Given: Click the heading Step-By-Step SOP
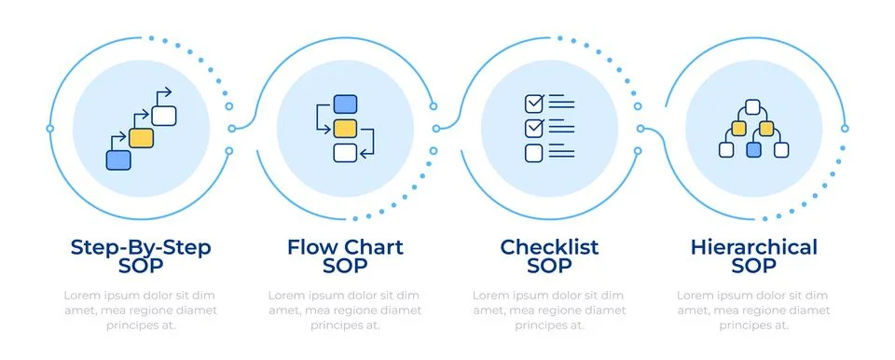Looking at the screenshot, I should pos(141,256).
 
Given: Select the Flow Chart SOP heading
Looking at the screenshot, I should pos(345,256).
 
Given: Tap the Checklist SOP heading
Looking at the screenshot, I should pos(549,256).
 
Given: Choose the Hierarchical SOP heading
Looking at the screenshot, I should pos(753,256).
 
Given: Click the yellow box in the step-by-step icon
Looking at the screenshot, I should pos(141,138).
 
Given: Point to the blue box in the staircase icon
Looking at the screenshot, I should pos(118,159).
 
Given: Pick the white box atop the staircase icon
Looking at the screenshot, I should pos(164,116).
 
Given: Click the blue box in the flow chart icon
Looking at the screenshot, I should pos(345,104).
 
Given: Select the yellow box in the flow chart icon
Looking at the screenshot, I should pos(345,128).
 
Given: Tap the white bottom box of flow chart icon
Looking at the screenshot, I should pos(345,152).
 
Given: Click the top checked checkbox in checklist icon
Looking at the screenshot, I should pos(534,102).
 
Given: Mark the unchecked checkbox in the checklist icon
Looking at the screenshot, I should pos(534,152).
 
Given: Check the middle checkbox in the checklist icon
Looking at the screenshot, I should pos(534,127).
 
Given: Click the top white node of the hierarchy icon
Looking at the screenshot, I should pos(753,106).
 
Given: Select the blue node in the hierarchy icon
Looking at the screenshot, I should pos(753,149).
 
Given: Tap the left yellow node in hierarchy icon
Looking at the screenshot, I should pos(739,128).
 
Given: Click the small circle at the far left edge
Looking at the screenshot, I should pos(50,129).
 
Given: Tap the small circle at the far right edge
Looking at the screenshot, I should pos(844,129).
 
